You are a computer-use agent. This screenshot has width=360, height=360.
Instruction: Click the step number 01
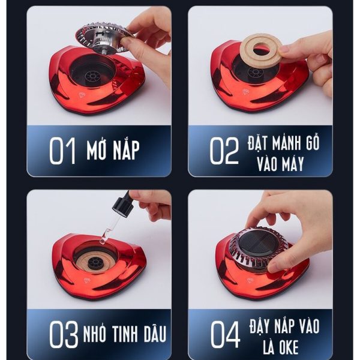[62, 151]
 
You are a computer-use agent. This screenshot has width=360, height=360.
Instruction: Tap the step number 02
[224, 151]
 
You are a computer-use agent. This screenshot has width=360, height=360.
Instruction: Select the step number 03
[64, 334]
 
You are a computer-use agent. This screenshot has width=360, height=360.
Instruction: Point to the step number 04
[225, 334]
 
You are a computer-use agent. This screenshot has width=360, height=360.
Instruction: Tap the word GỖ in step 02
[312, 142]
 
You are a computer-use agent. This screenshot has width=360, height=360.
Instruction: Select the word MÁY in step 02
[290, 163]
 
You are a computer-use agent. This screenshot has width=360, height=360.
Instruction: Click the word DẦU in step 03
[155, 333]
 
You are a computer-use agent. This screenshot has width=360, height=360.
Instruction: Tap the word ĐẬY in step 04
[259, 325]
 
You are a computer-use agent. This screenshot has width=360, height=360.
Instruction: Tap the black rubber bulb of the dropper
[122, 205]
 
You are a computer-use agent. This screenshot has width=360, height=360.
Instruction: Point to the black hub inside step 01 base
[92, 76]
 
